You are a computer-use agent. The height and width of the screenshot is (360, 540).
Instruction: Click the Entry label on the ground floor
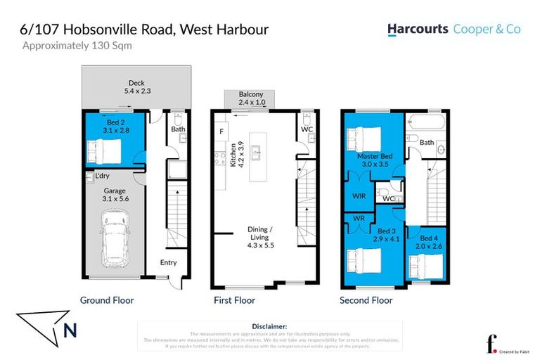pyautogui.click(x=168, y=263)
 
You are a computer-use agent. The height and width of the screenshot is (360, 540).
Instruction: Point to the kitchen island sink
pyautogui.click(x=257, y=150)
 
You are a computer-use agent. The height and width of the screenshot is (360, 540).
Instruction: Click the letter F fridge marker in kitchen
pyautogui.click(x=221, y=131)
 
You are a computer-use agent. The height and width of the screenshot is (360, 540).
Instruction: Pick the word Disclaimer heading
pyautogui.click(x=269, y=326)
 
